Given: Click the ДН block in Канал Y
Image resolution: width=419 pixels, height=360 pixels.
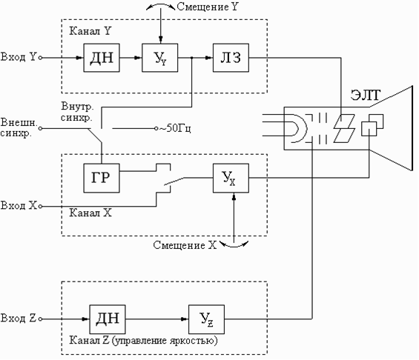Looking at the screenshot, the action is (102, 58).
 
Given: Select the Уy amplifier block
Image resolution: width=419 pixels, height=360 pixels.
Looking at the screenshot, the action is (159, 58).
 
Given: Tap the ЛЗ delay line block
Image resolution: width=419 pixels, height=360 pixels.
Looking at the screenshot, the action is (231, 58).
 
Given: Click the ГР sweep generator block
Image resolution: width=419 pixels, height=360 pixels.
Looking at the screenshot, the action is (102, 178).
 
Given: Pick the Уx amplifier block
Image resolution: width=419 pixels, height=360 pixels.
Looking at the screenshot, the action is (231, 178).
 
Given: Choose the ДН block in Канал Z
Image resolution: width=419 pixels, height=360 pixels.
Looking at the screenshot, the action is (108, 319).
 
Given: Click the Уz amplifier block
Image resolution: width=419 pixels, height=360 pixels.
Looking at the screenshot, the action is (207, 319).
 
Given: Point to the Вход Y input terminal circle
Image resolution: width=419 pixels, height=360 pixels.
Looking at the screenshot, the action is (40, 58).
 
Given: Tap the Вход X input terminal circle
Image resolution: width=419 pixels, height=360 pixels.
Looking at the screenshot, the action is (40, 206).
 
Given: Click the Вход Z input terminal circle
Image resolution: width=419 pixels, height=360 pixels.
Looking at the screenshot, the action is (40, 319).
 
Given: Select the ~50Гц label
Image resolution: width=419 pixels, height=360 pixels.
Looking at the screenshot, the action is (175, 128).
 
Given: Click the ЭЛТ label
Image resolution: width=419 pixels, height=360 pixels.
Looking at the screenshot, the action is (366, 95).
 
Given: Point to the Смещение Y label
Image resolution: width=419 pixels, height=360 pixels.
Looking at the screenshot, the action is (207, 7).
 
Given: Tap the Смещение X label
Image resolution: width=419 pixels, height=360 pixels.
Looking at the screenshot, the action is (185, 245).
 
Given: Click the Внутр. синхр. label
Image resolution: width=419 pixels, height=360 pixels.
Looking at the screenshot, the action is (77, 112).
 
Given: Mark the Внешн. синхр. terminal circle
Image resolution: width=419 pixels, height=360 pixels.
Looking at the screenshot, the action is (40, 128).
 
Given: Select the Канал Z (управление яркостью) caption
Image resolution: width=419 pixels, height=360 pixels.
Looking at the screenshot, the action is (143, 341).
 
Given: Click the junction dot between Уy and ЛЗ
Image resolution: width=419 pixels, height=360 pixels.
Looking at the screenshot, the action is (192, 58).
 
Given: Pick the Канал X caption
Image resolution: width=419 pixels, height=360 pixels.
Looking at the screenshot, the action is (90, 213).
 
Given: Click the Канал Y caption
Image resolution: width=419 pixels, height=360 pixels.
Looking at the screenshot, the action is (90, 31).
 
